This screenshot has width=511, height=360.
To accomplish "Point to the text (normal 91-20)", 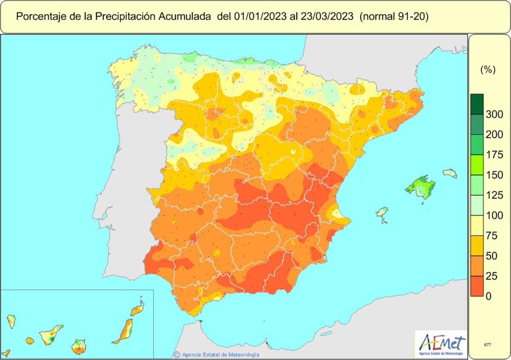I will [394, 17].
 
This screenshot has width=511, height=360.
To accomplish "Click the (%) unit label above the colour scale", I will [488, 69].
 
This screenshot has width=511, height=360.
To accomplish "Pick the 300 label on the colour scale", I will [494, 114].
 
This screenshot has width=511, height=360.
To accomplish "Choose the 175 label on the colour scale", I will [494, 154].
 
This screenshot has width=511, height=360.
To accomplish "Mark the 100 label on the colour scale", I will [494, 215].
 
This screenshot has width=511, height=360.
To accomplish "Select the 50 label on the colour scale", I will [491, 256].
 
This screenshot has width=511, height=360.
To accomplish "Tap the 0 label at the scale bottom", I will [488, 296].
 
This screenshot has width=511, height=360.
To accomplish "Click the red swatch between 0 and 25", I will [477, 286].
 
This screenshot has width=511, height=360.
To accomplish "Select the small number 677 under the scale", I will [488, 345].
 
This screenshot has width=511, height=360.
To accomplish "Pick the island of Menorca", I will [450, 173].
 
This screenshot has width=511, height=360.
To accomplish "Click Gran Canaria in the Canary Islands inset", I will [78, 346].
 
